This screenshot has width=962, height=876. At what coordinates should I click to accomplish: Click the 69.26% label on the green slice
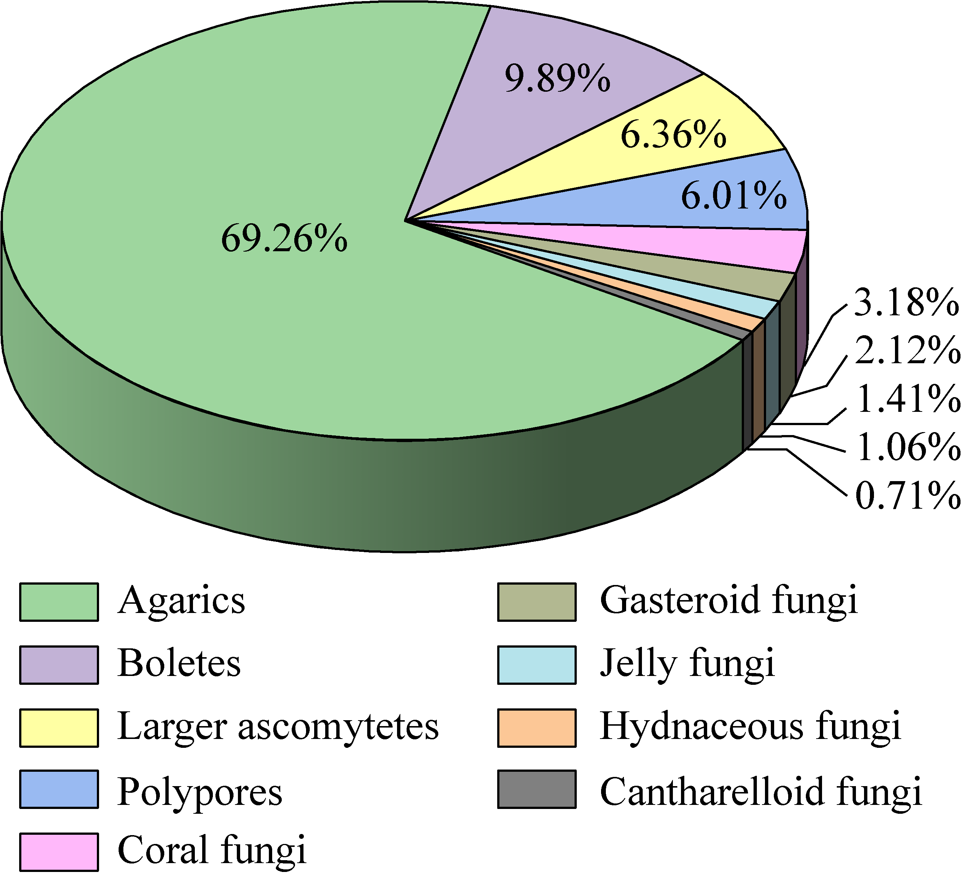click(x=284, y=238)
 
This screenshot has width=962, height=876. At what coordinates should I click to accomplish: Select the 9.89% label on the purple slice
click(x=557, y=78)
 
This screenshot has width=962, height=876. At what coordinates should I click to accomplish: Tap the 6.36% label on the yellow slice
click(x=673, y=134)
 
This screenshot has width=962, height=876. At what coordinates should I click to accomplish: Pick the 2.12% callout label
click(x=907, y=351)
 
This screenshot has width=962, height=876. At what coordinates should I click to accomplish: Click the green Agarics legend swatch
click(x=59, y=602)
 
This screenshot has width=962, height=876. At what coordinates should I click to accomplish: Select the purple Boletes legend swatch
click(x=59, y=665)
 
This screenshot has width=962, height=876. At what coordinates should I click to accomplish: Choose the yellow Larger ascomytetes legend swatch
click(x=59, y=728)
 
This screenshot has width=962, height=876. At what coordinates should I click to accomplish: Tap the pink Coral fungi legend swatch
click(x=59, y=852)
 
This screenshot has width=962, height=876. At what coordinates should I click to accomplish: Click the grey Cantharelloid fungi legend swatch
click(x=537, y=789)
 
